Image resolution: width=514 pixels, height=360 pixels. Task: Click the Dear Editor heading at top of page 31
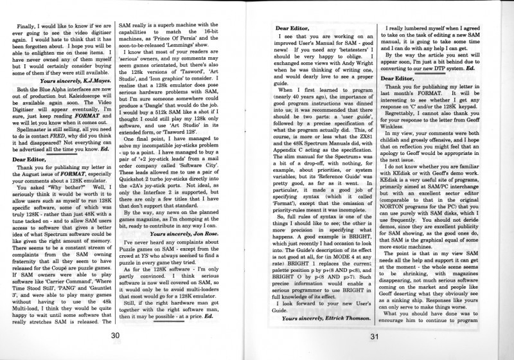pyautogui.click(x=296, y=28)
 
